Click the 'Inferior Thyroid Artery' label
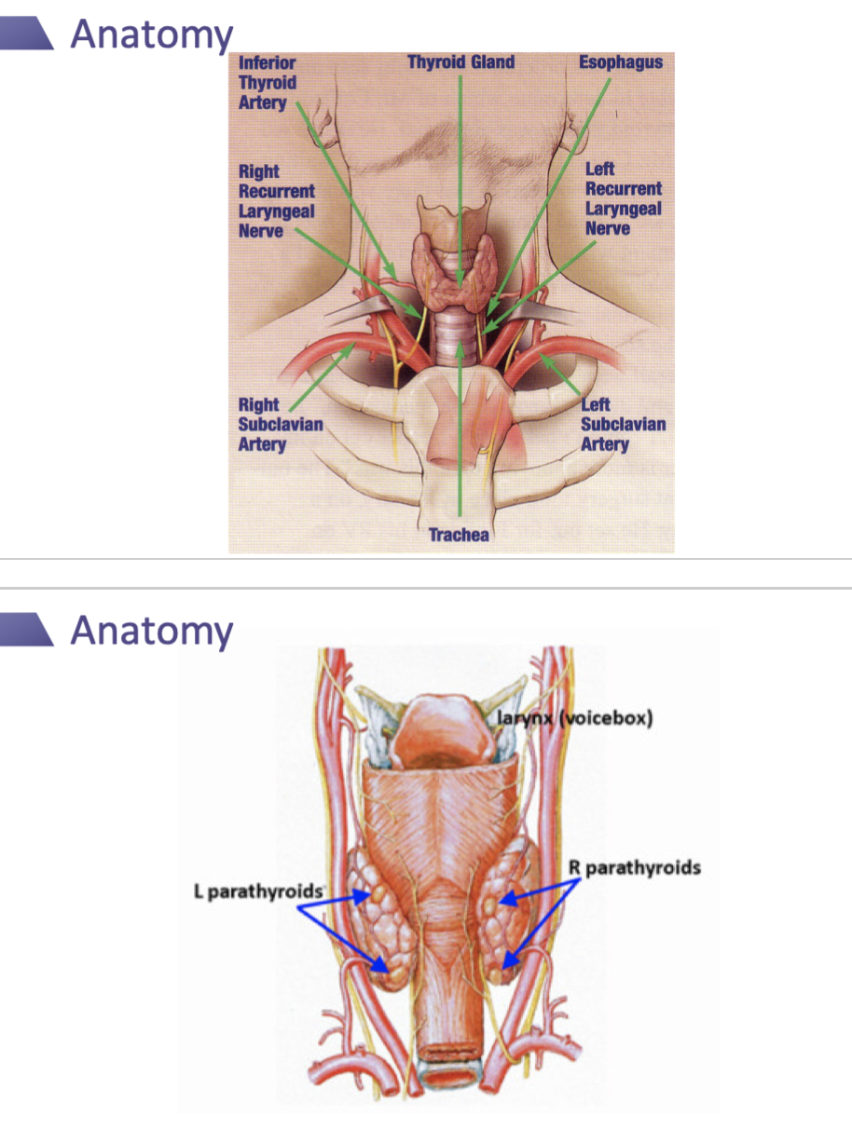point(268,82)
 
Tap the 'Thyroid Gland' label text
point(460,62)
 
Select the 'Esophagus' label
point(621,62)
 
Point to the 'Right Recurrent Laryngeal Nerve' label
point(276,200)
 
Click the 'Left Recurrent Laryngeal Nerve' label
point(623,198)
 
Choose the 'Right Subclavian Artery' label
point(280,424)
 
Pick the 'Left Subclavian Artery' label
point(623,424)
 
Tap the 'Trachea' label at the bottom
point(459,535)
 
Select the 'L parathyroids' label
point(256,891)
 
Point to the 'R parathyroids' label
point(635,868)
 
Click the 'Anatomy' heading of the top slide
point(152,34)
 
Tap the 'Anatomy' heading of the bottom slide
point(152,630)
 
